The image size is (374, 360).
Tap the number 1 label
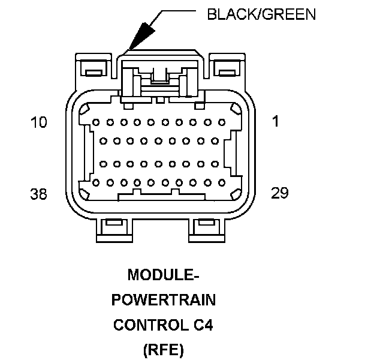point(275,122)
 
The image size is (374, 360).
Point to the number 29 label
point(279,193)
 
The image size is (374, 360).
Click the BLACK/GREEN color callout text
point(261,14)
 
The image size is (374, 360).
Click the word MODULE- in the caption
point(163,275)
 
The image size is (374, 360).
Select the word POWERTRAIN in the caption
point(164,300)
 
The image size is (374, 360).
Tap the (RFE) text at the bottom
point(164,350)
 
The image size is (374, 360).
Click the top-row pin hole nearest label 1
point(221,122)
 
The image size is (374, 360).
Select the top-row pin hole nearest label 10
point(95,122)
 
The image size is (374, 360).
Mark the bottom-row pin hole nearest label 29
point(221,182)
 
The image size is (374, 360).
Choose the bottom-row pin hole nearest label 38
point(95,182)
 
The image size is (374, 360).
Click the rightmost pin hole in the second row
point(214,142)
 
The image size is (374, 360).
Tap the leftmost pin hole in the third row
point(102,163)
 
